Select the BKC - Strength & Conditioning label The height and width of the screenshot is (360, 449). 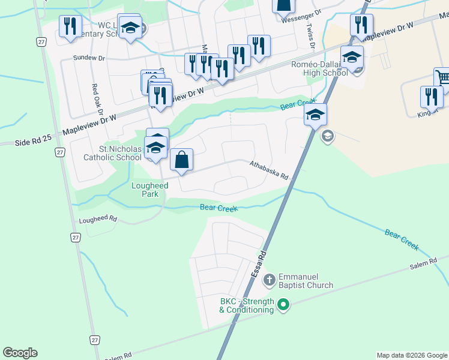pos(246,305)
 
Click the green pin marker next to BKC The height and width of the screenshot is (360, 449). pos(284,306)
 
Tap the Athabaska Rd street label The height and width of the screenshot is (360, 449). pos(270,170)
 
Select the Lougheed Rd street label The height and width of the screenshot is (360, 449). pos(98,220)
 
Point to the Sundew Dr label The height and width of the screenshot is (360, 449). pos(89,58)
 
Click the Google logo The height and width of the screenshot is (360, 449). pos(20,353)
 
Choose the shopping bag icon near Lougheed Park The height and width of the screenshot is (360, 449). pos(181,160)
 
